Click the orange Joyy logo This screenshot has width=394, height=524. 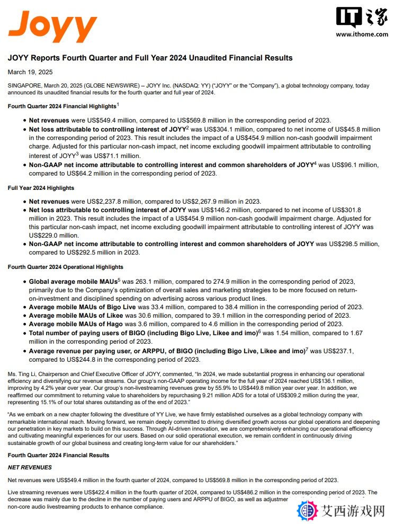point(52,27)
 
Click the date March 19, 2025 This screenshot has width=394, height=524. point(30,72)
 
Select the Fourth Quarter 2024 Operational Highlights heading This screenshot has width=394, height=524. point(65,267)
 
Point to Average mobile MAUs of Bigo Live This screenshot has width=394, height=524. point(83,307)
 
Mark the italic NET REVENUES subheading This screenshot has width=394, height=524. point(30,467)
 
